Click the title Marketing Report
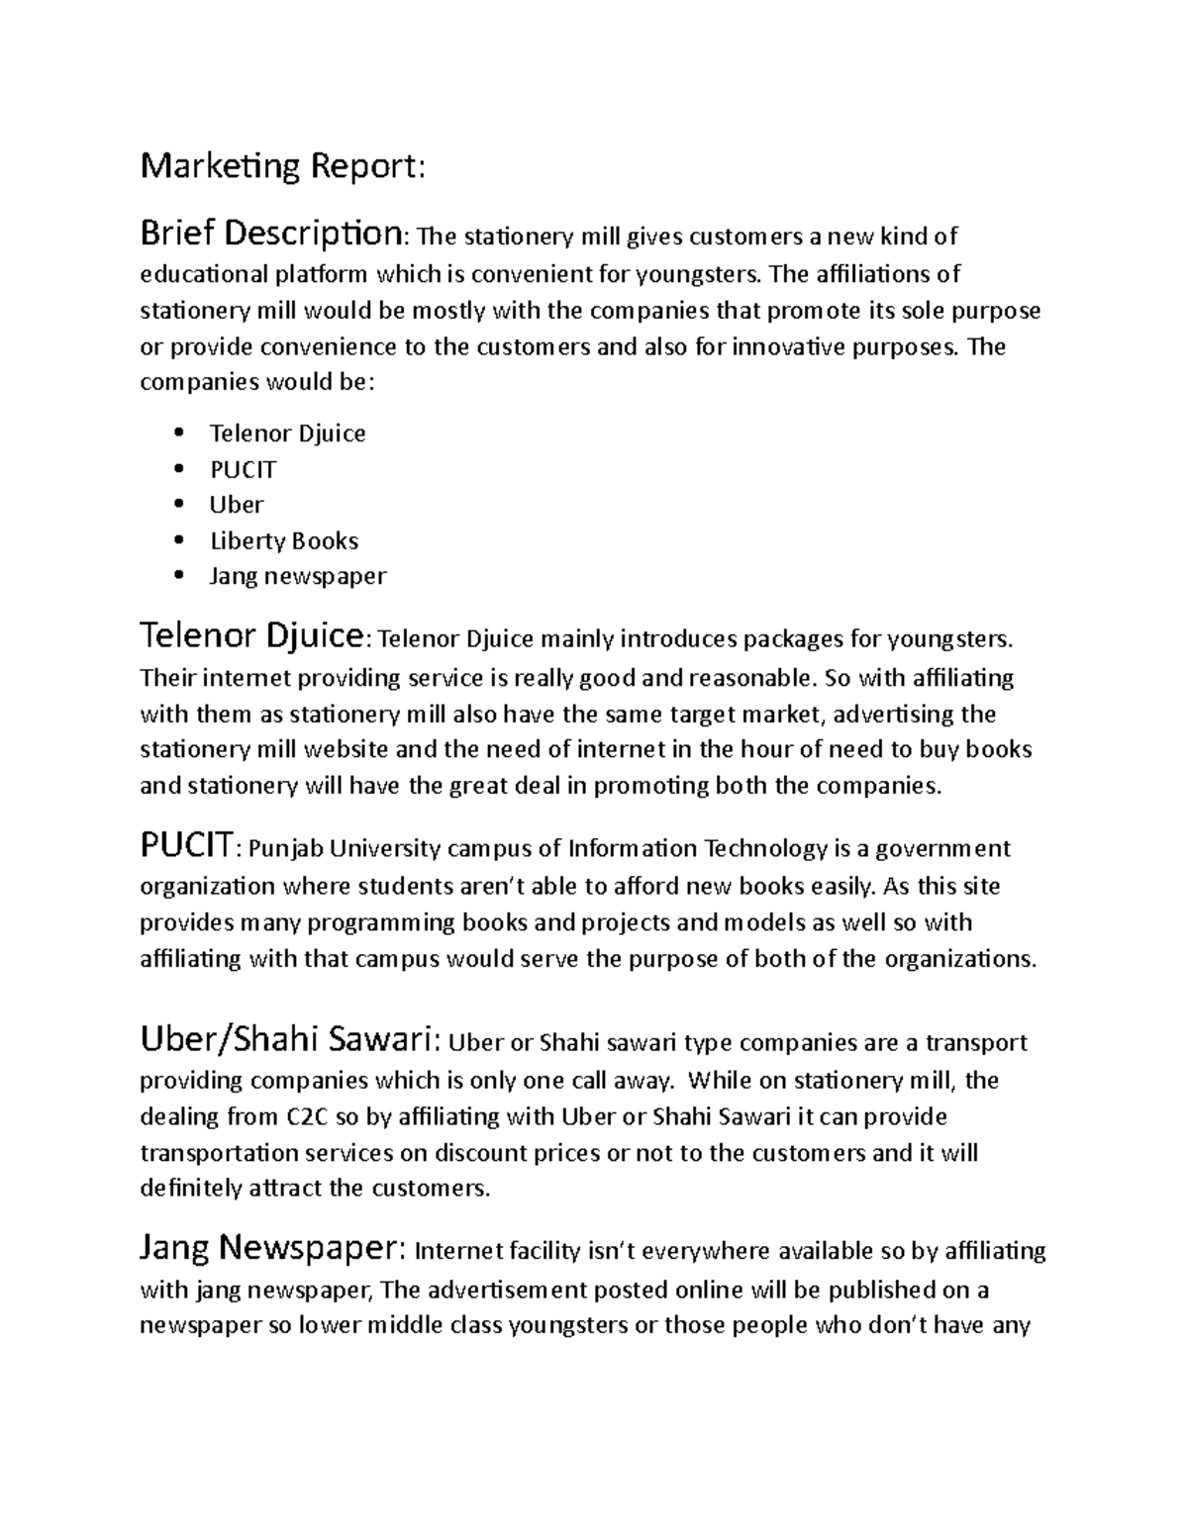pyautogui.click(x=282, y=166)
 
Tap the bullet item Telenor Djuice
pyautogui.click(x=287, y=433)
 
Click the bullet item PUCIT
pyautogui.click(x=243, y=469)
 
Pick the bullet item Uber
pyautogui.click(x=236, y=505)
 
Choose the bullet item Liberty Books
pyautogui.click(x=283, y=540)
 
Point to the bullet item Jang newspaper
pyautogui.click(x=297, y=576)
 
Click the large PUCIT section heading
pyautogui.click(x=186, y=847)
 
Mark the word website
pyautogui.click(x=378, y=749)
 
